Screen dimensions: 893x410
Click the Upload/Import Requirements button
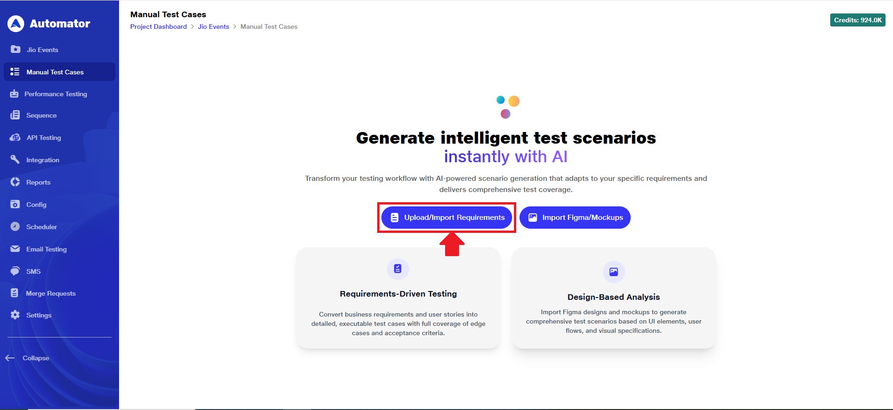tap(446, 218)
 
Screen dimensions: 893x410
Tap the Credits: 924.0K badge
tap(858, 20)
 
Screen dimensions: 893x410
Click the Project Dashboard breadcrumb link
tap(159, 26)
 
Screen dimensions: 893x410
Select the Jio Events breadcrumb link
tap(213, 26)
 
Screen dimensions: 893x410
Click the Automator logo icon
tap(16, 24)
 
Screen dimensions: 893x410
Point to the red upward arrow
tap(452, 244)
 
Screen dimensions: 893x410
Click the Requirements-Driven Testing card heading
tap(399, 294)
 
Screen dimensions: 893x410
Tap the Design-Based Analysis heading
tap(613, 297)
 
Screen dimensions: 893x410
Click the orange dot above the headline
tap(514, 101)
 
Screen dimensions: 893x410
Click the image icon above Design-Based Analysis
tap(614, 272)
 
